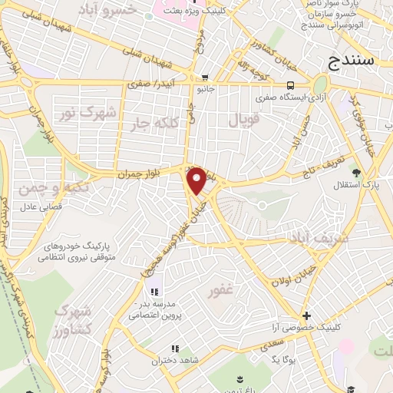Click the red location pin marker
click(196, 180)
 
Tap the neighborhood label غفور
click(220, 292)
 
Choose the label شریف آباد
click(318, 239)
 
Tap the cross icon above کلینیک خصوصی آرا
click(306, 315)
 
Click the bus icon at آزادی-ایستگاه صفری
click(289, 85)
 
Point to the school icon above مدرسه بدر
click(154, 291)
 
